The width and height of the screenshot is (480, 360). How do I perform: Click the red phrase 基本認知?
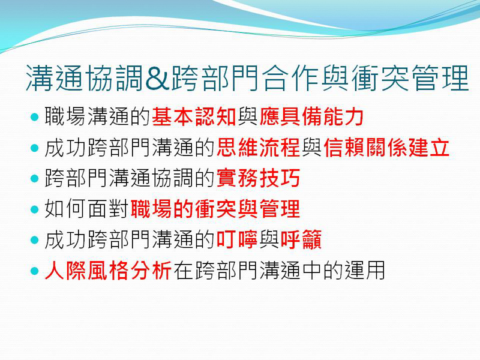(194, 116)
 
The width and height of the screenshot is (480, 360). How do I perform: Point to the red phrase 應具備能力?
(312, 116)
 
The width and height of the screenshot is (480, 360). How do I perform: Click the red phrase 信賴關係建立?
(386, 148)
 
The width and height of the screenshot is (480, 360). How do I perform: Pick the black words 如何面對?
(87, 210)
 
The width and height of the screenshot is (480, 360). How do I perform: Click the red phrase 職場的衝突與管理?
(215, 210)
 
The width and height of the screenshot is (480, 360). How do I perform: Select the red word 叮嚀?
(237, 241)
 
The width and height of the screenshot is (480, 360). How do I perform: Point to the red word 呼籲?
(301, 241)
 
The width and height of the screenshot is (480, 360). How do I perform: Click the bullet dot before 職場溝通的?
(34, 116)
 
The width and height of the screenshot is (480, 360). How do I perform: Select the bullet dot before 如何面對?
(34, 209)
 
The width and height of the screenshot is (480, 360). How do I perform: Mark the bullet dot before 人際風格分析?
(34, 271)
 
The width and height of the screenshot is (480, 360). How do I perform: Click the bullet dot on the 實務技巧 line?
(34, 178)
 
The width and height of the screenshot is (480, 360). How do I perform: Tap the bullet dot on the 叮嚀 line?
(34, 240)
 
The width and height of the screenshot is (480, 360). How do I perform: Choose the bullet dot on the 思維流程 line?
(34, 147)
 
